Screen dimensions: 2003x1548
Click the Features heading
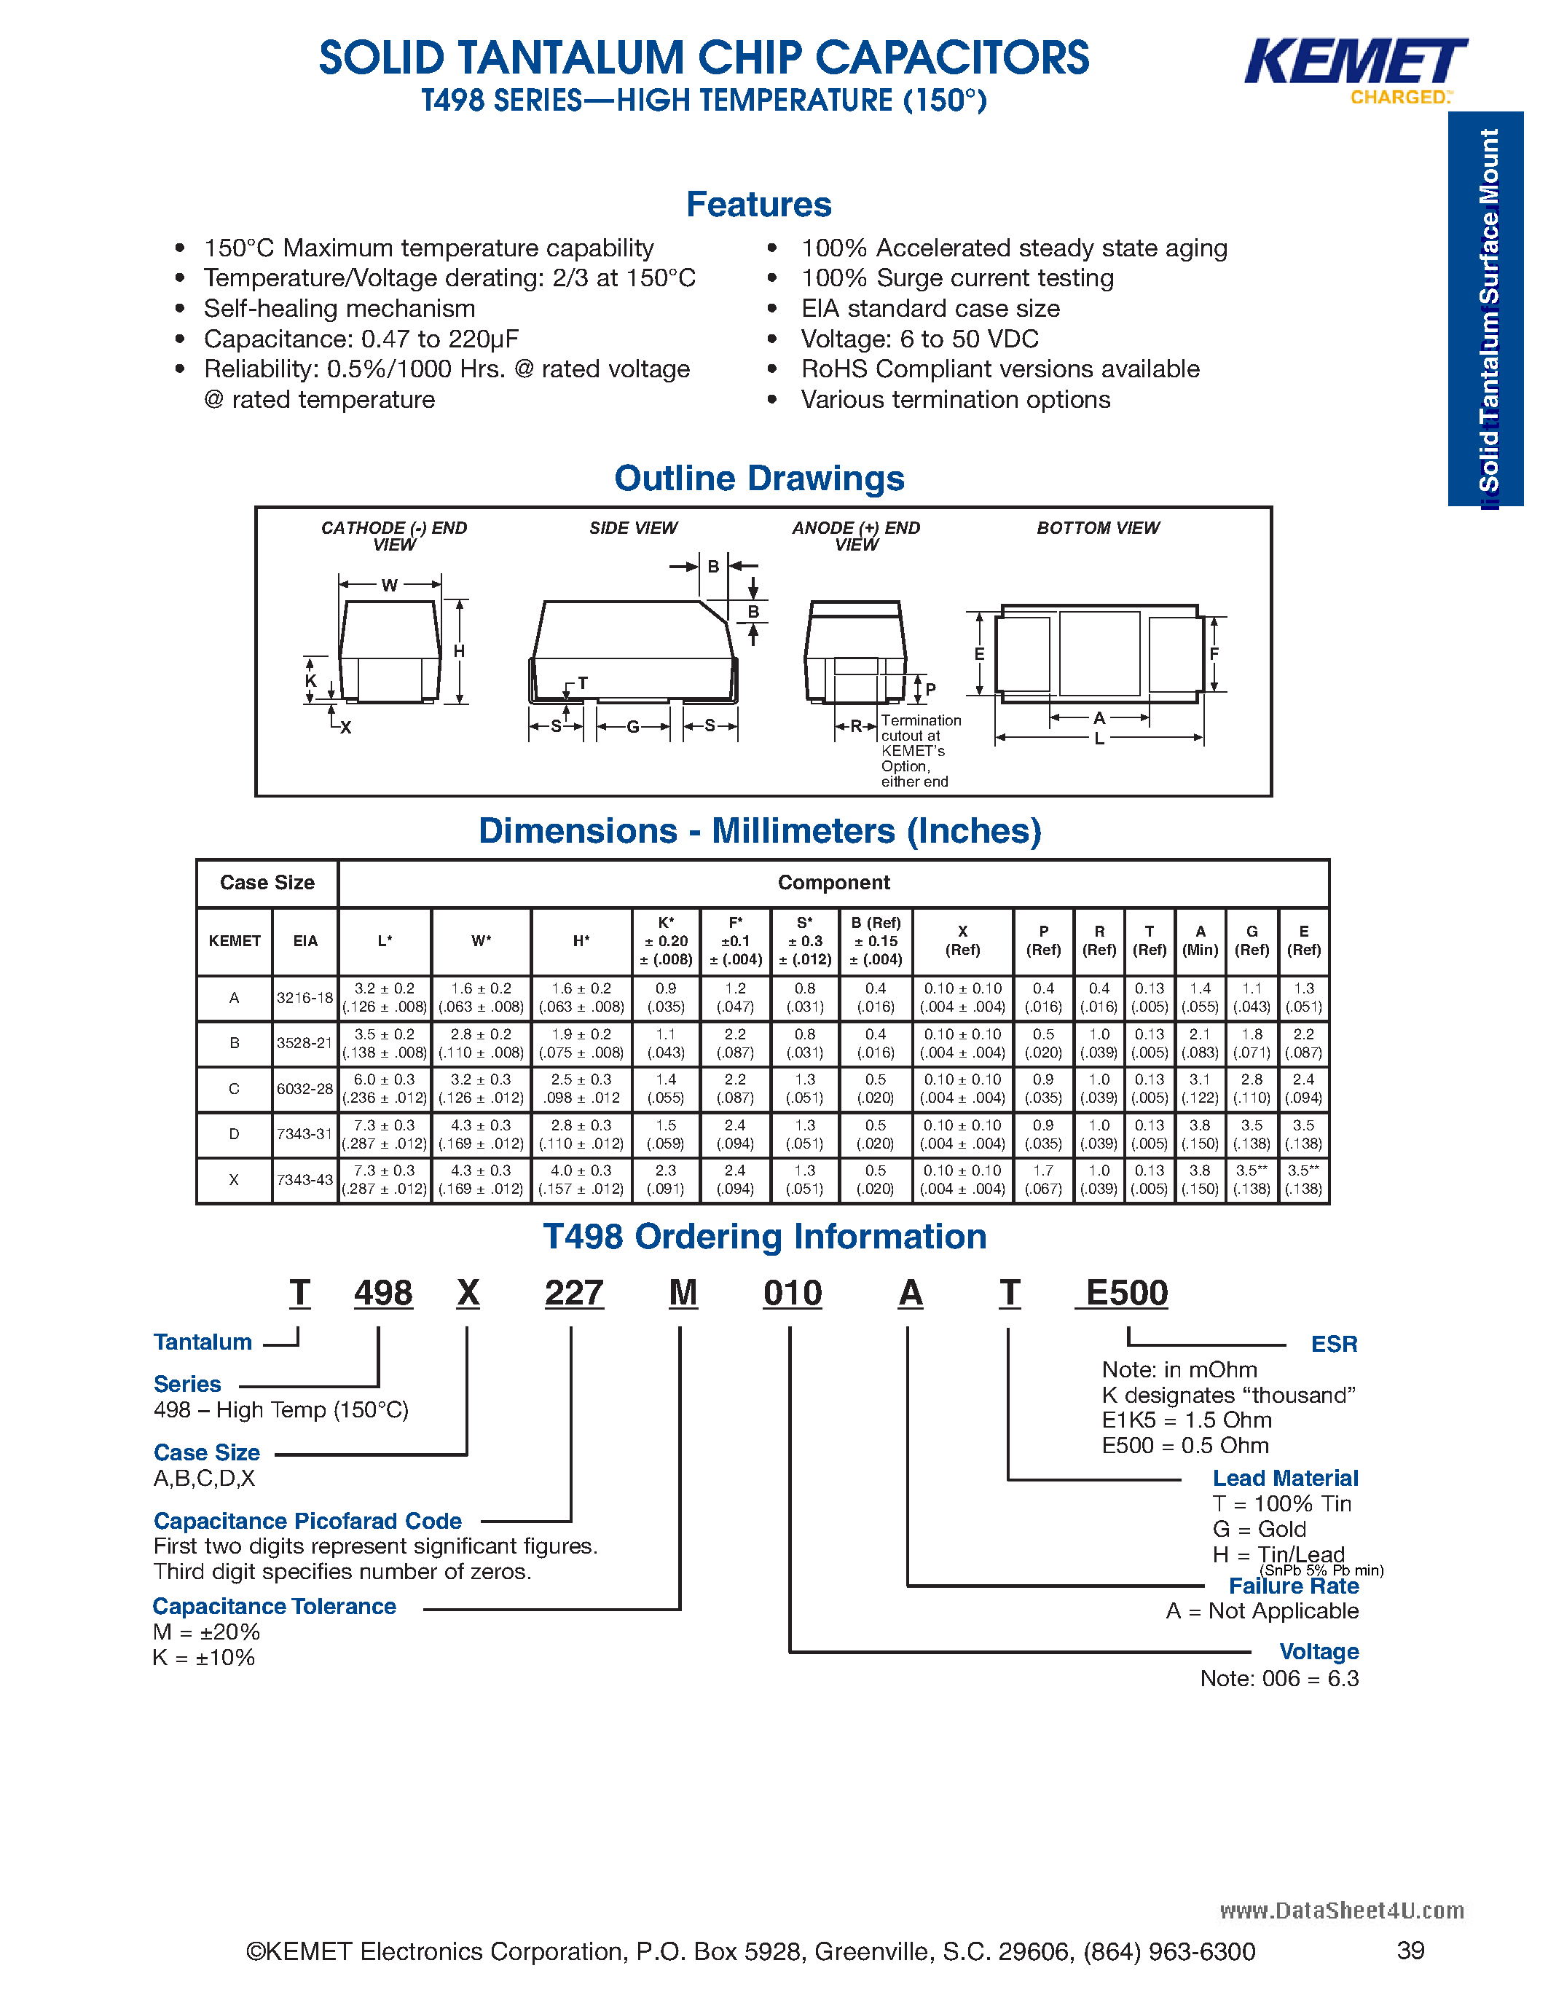click(x=758, y=205)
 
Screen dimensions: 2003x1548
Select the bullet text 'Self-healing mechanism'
click(x=339, y=308)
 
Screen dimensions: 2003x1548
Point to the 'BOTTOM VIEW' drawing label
click(x=1098, y=528)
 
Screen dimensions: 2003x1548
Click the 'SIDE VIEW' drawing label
click(x=633, y=528)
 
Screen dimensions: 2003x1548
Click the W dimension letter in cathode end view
click(x=390, y=585)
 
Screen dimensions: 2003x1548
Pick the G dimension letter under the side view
click(x=633, y=726)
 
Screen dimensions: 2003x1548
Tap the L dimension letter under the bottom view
click(x=1099, y=739)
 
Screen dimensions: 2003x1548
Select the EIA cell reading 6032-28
click(x=305, y=1089)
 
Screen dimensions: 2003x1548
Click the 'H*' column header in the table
click(x=581, y=941)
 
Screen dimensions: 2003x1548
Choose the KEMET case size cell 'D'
click(x=234, y=1135)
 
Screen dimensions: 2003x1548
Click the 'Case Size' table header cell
click(x=267, y=882)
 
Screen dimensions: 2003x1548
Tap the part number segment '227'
click(x=574, y=1293)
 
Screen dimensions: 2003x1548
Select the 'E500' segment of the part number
click(x=1126, y=1293)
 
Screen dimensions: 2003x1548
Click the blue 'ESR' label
click(x=1333, y=1345)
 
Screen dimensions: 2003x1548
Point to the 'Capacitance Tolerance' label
click(x=274, y=1607)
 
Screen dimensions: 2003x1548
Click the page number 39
click(x=1410, y=1951)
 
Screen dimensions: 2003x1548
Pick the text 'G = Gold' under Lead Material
click(x=1259, y=1529)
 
